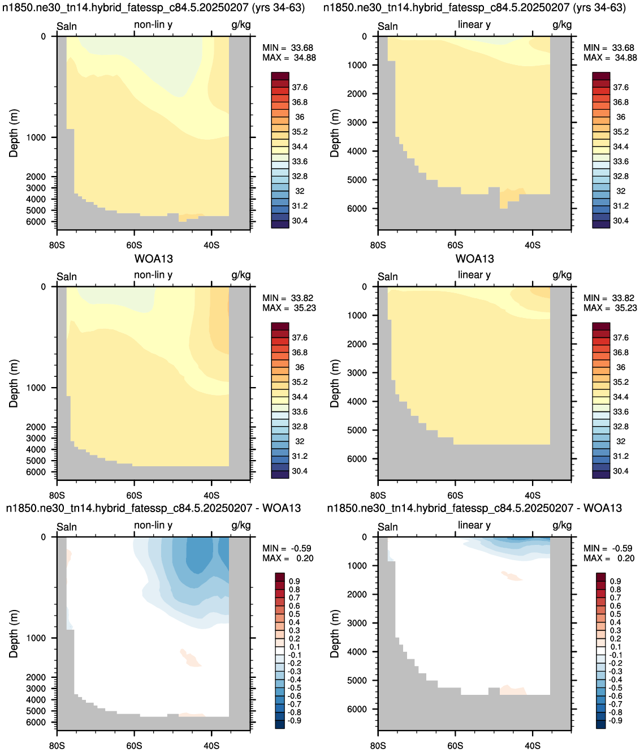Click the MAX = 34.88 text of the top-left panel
coord(289,58)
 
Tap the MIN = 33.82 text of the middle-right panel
coord(609,298)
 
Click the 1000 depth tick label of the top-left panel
coord(36,137)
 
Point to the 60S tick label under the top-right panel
coord(455,245)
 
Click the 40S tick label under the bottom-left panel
coord(211,746)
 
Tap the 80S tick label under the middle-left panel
coord(57,496)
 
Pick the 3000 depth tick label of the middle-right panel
coord(357,373)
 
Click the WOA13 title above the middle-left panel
coord(154,259)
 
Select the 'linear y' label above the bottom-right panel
coord(474,525)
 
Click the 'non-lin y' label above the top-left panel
coord(153,24)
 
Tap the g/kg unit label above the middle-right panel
coord(562,275)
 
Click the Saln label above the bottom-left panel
coord(67,527)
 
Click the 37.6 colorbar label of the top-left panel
coord(300,87)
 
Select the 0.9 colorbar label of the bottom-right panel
coord(616,581)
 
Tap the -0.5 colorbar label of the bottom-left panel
coord(293,687)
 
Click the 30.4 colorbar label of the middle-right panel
coord(621,471)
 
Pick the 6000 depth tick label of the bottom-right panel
coord(357,709)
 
